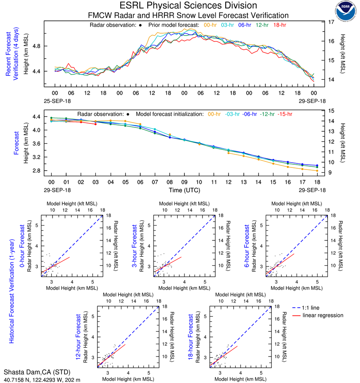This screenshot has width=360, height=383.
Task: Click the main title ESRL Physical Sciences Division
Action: coord(188,6)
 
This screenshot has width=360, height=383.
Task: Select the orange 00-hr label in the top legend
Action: coord(210,25)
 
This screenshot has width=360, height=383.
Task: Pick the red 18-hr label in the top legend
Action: coord(279,25)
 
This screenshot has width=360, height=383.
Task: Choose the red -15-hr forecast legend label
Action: coord(286,114)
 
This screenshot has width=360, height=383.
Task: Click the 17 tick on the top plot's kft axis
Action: coord(332,22)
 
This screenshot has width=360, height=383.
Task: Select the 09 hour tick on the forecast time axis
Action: coord(184,183)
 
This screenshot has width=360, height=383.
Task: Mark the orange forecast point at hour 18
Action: coord(317,171)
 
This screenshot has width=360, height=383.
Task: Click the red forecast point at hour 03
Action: coord(95,124)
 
